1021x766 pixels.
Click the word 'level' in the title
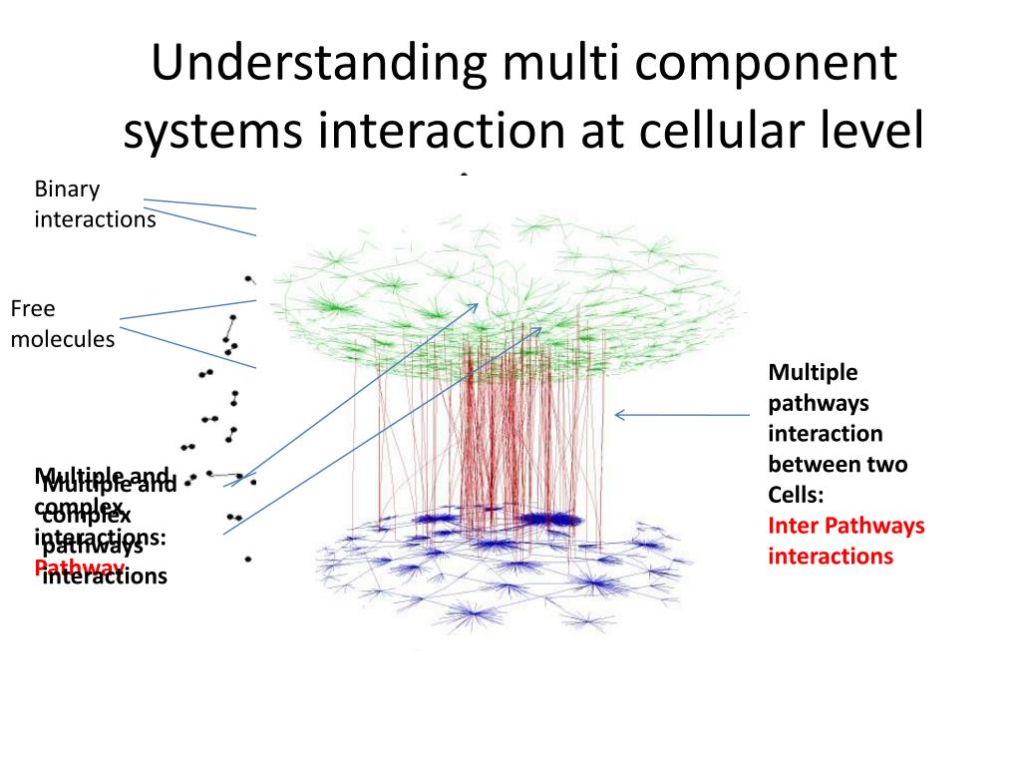(x=870, y=133)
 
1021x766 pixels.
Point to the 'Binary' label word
(x=68, y=189)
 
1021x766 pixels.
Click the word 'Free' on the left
(x=33, y=308)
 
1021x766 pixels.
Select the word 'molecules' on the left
(x=63, y=339)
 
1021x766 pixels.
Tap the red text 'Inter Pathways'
(x=847, y=526)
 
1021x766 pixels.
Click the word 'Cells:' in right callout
(x=796, y=495)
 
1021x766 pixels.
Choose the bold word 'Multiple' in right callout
(x=813, y=372)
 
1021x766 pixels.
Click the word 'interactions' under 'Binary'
(x=95, y=219)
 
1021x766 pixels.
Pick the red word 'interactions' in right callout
(x=831, y=557)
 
